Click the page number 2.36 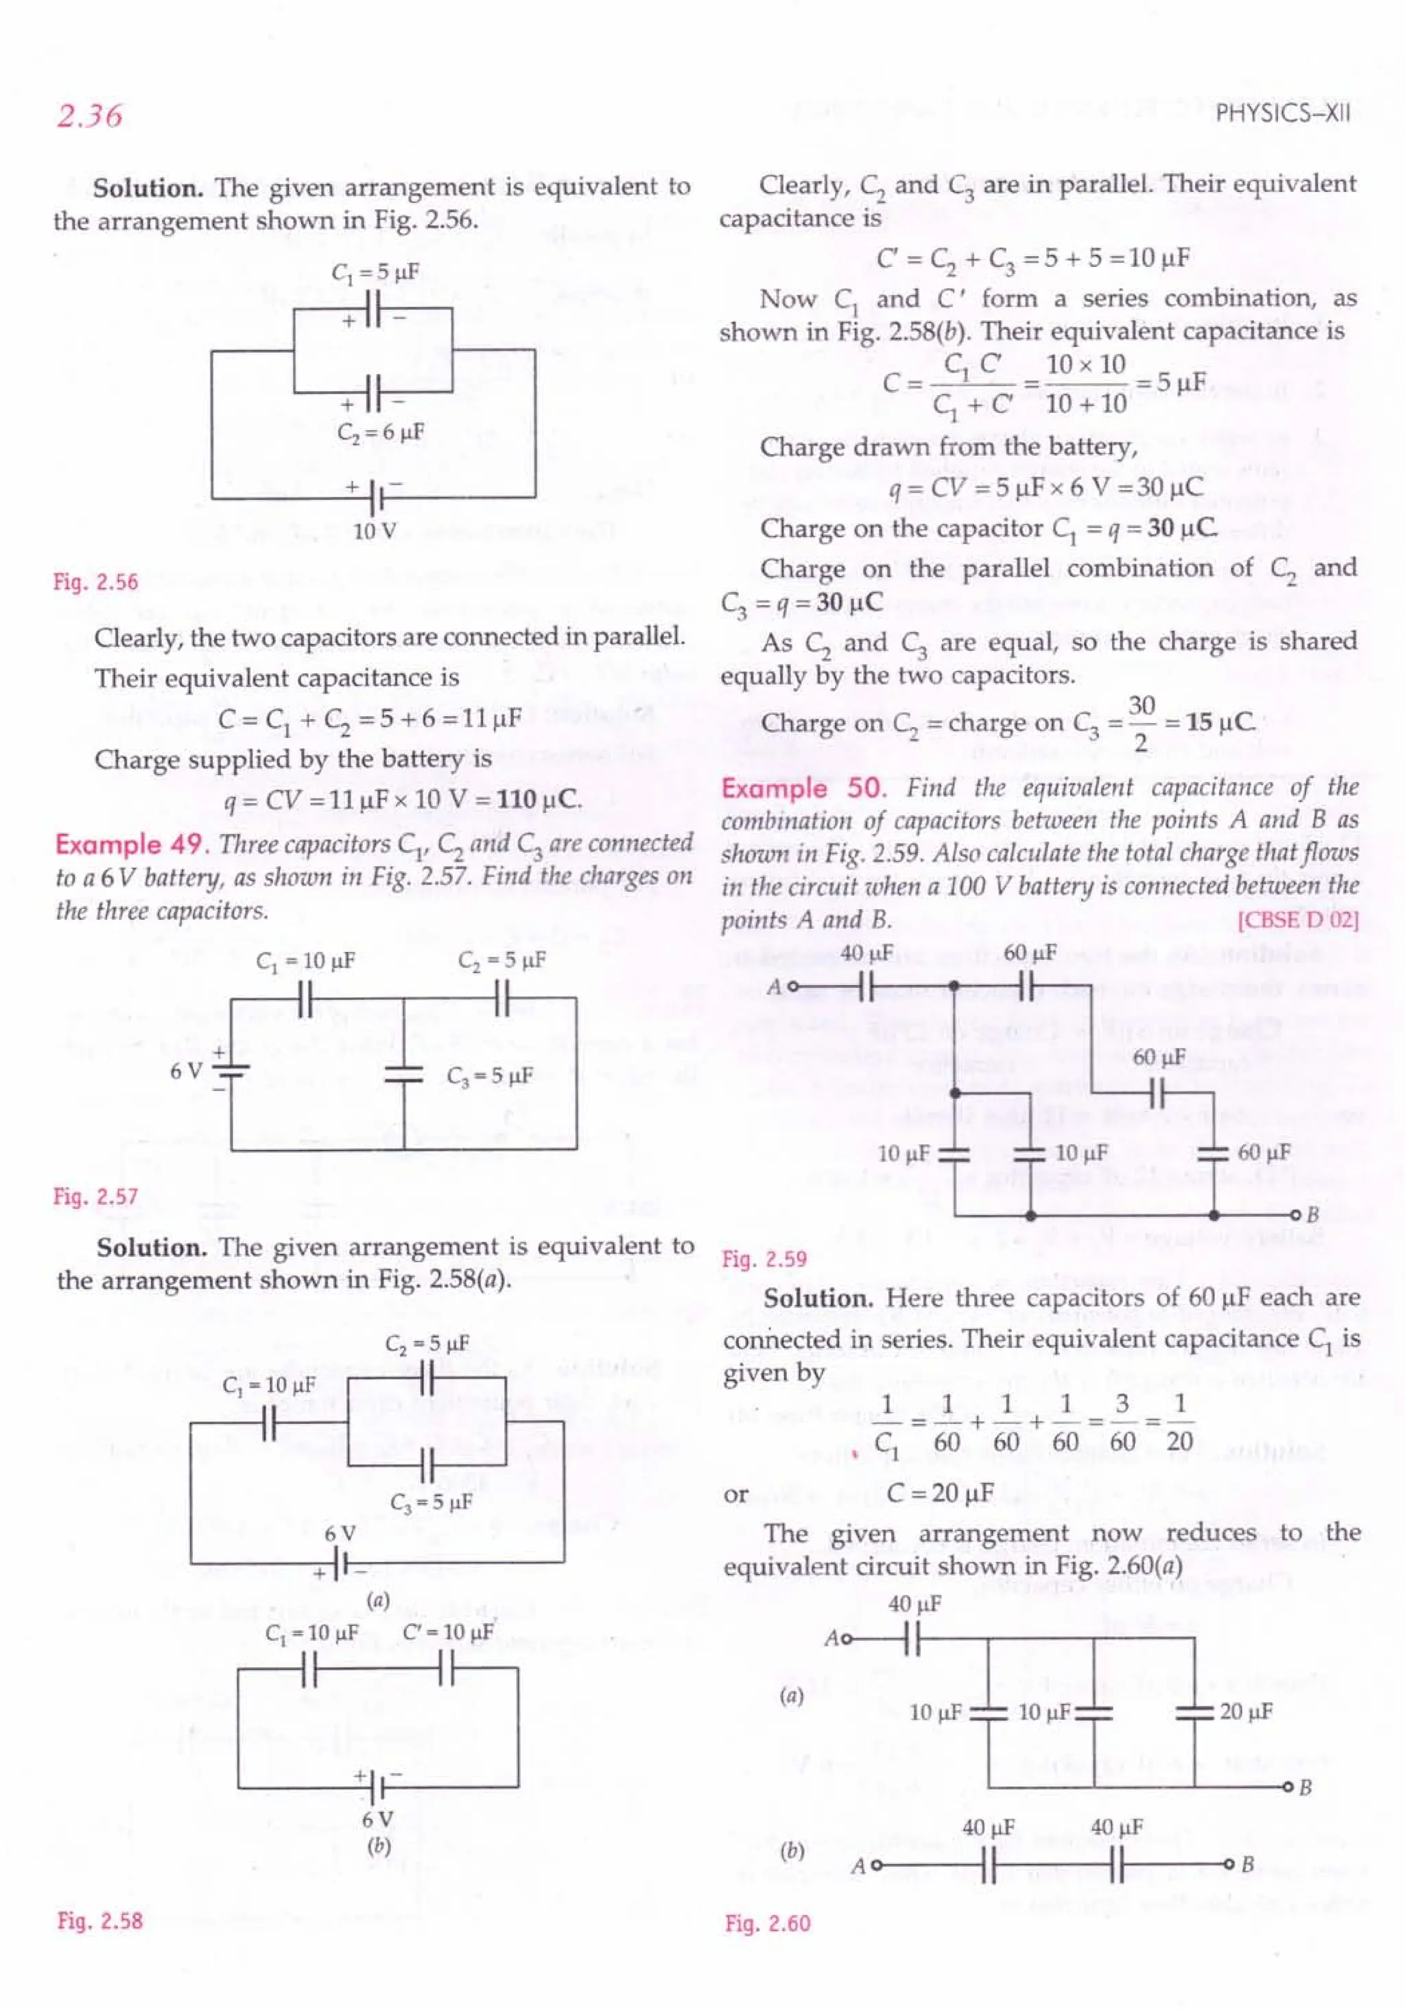pyautogui.click(x=89, y=115)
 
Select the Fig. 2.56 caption pyautogui.click(x=95, y=582)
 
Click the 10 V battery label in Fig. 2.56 pyautogui.click(x=375, y=532)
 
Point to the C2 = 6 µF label pyautogui.click(x=381, y=432)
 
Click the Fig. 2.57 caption pyautogui.click(x=95, y=1196)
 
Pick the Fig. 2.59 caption pyautogui.click(x=764, y=1259)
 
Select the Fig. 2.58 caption pyautogui.click(x=99, y=1921)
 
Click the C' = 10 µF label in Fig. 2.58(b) pyautogui.click(x=447, y=1633)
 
